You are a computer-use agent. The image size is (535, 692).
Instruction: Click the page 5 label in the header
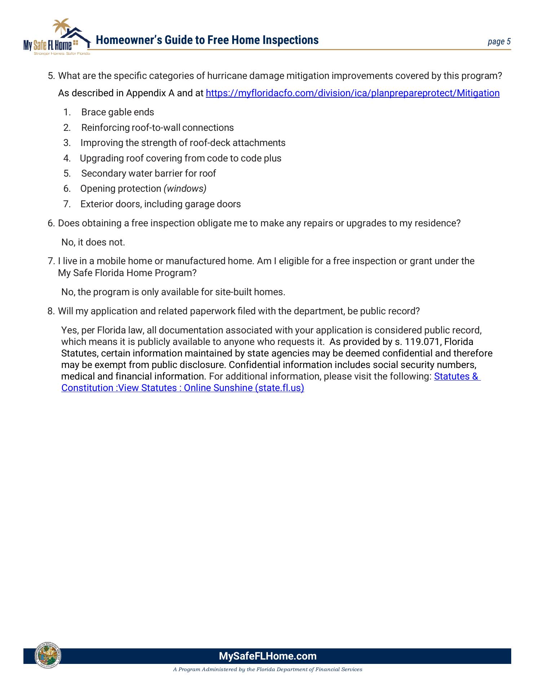click(499, 41)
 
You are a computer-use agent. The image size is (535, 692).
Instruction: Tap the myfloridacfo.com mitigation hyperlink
click(352, 93)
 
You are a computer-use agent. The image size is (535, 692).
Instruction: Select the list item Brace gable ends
click(118, 112)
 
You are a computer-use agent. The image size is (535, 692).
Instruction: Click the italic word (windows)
click(185, 189)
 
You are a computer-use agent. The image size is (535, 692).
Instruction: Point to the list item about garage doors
click(160, 204)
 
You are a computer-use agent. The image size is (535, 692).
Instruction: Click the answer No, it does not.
click(93, 243)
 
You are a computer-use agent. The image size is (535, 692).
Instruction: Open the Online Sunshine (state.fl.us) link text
click(244, 388)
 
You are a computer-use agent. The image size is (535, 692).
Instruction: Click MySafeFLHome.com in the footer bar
click(267, 656)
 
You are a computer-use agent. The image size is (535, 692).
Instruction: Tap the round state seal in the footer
click(48, 655)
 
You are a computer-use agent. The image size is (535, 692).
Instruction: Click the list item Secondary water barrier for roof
click(148, 174)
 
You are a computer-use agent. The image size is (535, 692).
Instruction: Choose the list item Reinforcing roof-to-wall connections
click(157, 128)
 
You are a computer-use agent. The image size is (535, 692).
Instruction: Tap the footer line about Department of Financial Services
click(267, 670)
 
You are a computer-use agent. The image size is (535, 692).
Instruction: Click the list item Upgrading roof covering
click(180, 159)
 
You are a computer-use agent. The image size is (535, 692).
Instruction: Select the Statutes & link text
click(456, 377)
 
